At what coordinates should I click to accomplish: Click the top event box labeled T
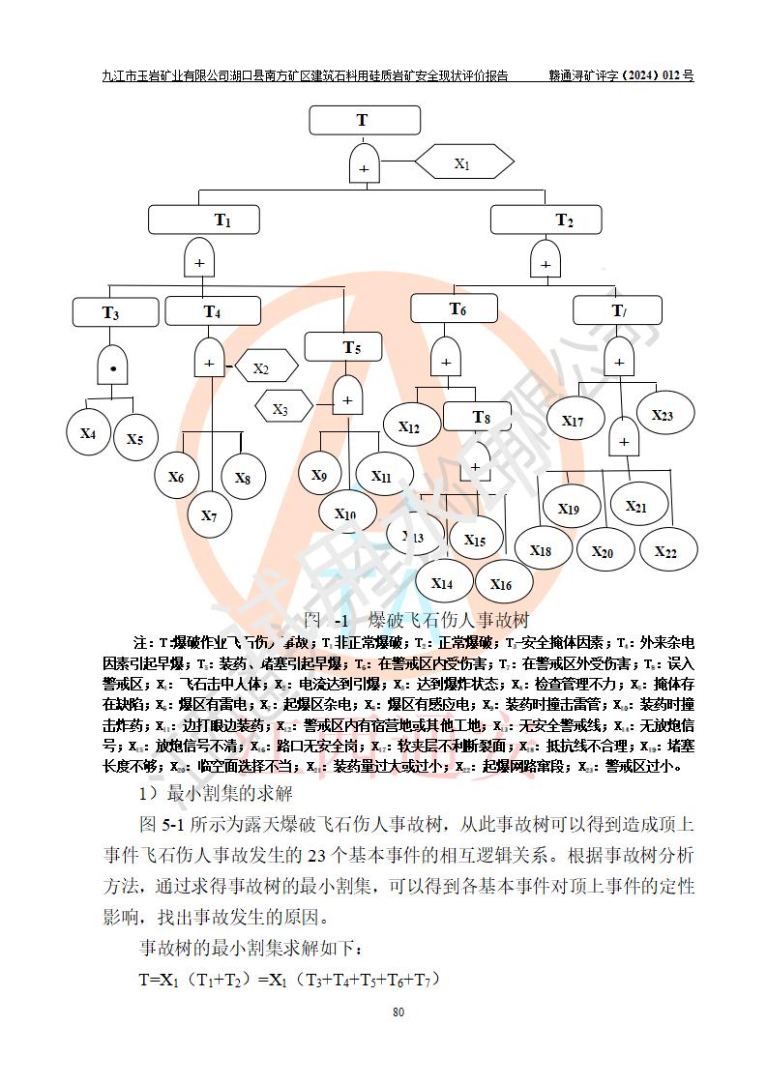coord(365,120)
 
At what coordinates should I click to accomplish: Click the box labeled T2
coord(546,220)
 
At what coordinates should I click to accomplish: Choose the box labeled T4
coord(213,311)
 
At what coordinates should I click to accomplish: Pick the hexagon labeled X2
coord(262,368)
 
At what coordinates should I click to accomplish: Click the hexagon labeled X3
coord(281,409)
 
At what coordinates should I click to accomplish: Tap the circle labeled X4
coord(89,433)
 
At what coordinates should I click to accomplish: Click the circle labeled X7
coord(210,514)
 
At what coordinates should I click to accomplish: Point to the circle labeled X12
coord(409,426)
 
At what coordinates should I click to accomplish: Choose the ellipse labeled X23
coord(662,415)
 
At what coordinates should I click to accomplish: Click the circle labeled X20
coord(602,552)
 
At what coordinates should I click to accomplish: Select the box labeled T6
coord(457,308)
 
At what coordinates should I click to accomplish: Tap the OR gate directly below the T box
coord(364,163)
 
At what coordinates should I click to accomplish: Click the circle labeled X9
coord(319,476)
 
